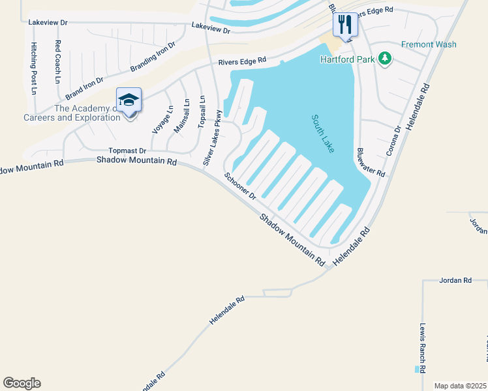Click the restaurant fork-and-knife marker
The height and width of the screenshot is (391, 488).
point(344,25)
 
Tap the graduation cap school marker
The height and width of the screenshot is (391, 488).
point(129,100)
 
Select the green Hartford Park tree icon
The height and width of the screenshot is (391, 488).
point(386,59)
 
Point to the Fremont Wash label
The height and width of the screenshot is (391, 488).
point(429,44)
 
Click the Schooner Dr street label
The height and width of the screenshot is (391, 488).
point(241,185)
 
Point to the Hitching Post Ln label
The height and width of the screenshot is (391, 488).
point(34,68)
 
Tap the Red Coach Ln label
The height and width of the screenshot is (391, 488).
point(58,62)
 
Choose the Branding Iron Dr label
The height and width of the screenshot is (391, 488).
point(153,57)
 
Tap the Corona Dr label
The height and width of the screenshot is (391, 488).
point(397,138)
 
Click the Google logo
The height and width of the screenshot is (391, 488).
point(22,383)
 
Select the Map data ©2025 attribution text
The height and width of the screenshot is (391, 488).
point(460,386)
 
